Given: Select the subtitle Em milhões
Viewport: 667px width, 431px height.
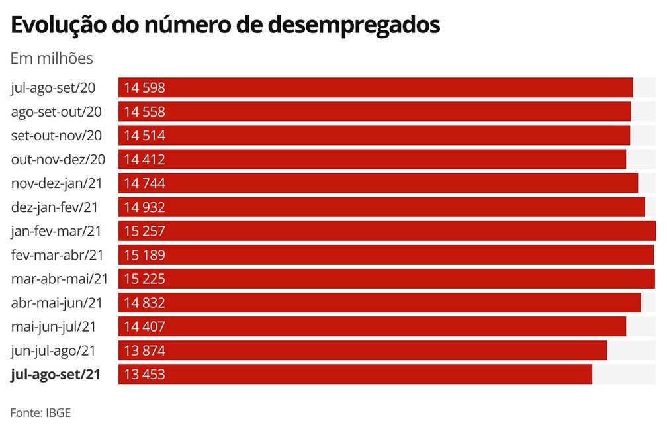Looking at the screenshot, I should pos(52,58).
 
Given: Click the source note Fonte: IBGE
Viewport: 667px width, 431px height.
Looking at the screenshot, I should pos(40,412).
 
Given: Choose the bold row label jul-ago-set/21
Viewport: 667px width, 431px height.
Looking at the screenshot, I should pos(56,374).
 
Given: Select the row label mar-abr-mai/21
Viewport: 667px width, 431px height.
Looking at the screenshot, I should pos(60,279).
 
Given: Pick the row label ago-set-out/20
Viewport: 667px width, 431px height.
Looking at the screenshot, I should pos(57,111).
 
